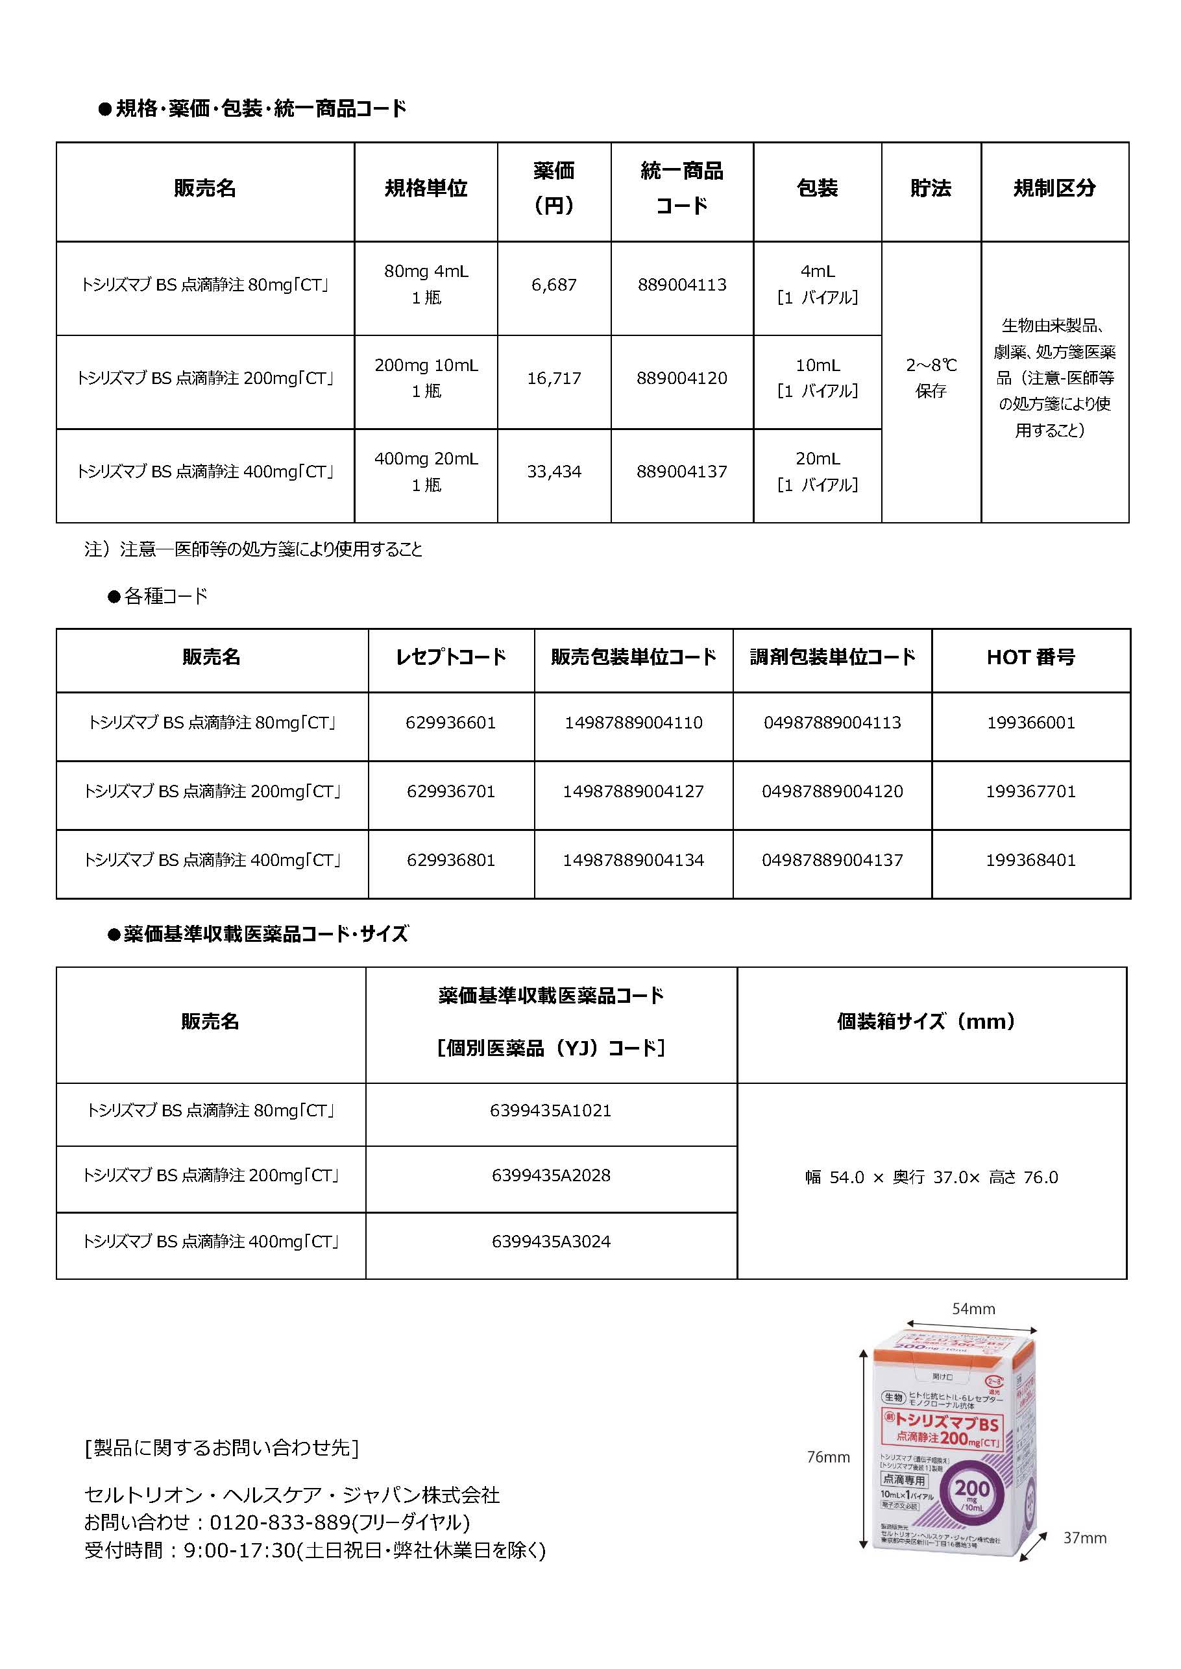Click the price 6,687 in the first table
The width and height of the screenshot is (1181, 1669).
click(x=554, y=285)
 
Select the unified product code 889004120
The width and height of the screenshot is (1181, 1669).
click(x=681, y=378)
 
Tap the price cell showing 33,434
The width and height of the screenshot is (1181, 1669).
click(x=554, y=472)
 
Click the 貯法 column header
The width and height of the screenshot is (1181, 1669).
click(x=930, y=189)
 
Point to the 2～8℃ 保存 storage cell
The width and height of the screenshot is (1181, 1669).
click(x=931, y=378)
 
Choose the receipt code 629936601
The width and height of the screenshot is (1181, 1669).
click(x=450, y=723)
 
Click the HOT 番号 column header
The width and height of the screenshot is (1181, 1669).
click(x=1030, y=657)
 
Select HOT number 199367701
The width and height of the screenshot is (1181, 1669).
click(x=1030, y=791)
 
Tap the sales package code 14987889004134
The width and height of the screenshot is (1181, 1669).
click(x=633, y=860)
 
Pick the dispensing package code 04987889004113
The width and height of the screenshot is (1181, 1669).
click(x=832, y=723)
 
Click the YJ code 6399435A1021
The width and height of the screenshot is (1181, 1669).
click(x=550, y=1111)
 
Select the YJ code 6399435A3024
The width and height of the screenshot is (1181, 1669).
click(x=550, y=1242)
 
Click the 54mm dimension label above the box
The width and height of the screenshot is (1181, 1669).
click(x=973, y=1309)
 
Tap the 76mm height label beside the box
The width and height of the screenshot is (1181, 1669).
click(x=828, y=1457)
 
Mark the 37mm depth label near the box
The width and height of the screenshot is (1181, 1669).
click(x=1084, y=1538)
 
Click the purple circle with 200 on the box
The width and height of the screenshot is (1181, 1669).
click(x=972, y=1492)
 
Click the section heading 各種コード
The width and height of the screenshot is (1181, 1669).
click(x=166, y=597)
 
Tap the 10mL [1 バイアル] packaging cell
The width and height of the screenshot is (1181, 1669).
click(x=818, y=378)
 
